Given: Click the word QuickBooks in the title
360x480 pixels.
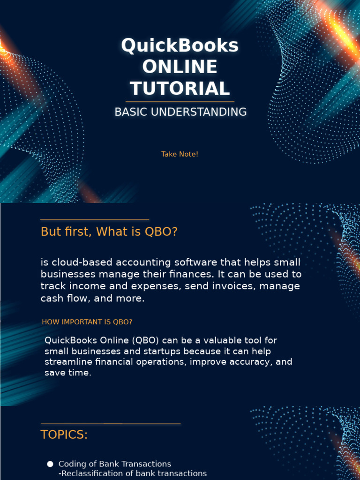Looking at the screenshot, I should (x=180, y=46).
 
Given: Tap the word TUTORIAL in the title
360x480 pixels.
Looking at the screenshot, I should (x=180, y=89).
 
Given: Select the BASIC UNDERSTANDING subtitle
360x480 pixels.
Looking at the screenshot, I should (x=180, y=112).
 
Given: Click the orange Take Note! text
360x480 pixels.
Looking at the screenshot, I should (x=180, y=154).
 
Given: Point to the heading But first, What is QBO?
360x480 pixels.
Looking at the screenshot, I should (x=109, y=232).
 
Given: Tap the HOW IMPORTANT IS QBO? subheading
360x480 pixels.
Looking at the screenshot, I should (x=87, y=322).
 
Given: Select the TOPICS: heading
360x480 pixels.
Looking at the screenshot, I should (x=64, y=435).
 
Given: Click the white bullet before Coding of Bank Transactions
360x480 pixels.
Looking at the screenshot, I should (x=50, y=464).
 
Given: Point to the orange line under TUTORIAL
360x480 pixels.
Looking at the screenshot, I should (x=180, y=101).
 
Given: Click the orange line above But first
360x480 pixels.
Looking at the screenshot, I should (x=95, y=219).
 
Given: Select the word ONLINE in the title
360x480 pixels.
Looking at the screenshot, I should (x=180, y=67).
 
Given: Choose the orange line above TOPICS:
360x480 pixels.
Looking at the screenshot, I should (x=111, y=423).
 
